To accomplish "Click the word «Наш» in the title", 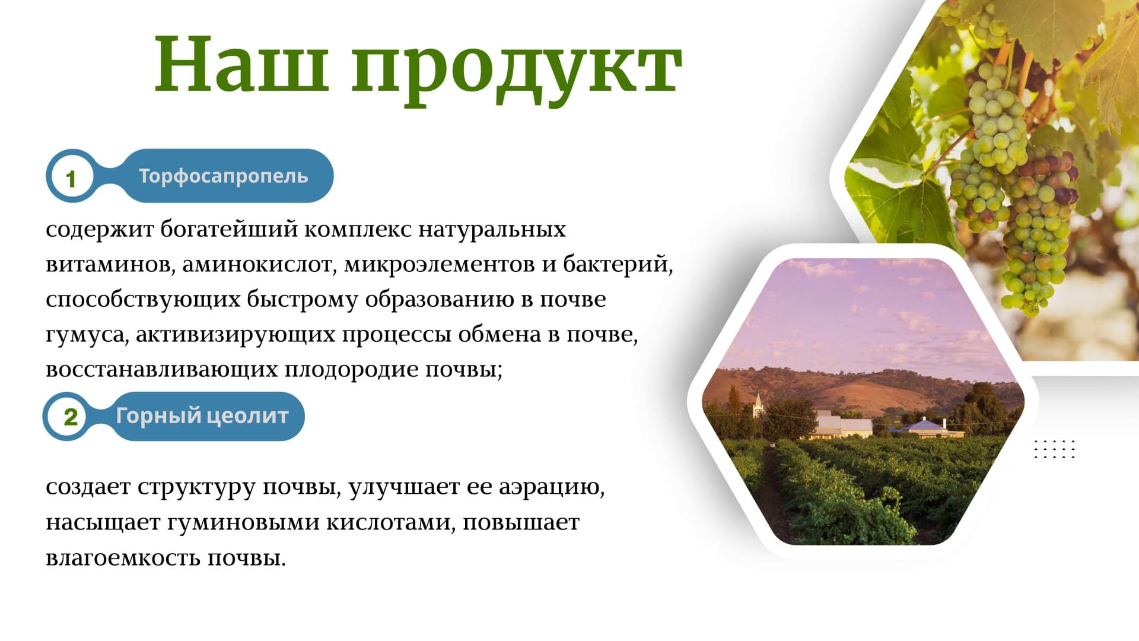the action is click(x=241, y=64).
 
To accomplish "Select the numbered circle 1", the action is click(x=71, y=177).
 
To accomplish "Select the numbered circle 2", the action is click(x=70, y=416).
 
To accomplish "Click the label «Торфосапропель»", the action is click(x=224, y=176).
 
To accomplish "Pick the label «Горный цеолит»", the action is click(x=202, y=416).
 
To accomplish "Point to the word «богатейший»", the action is click(x=229, y=229).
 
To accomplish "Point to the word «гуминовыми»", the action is click(x=243, y=523).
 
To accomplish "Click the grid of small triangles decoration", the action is click(x=1054, y=449).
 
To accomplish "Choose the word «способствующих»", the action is click(x=143, y=300).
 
